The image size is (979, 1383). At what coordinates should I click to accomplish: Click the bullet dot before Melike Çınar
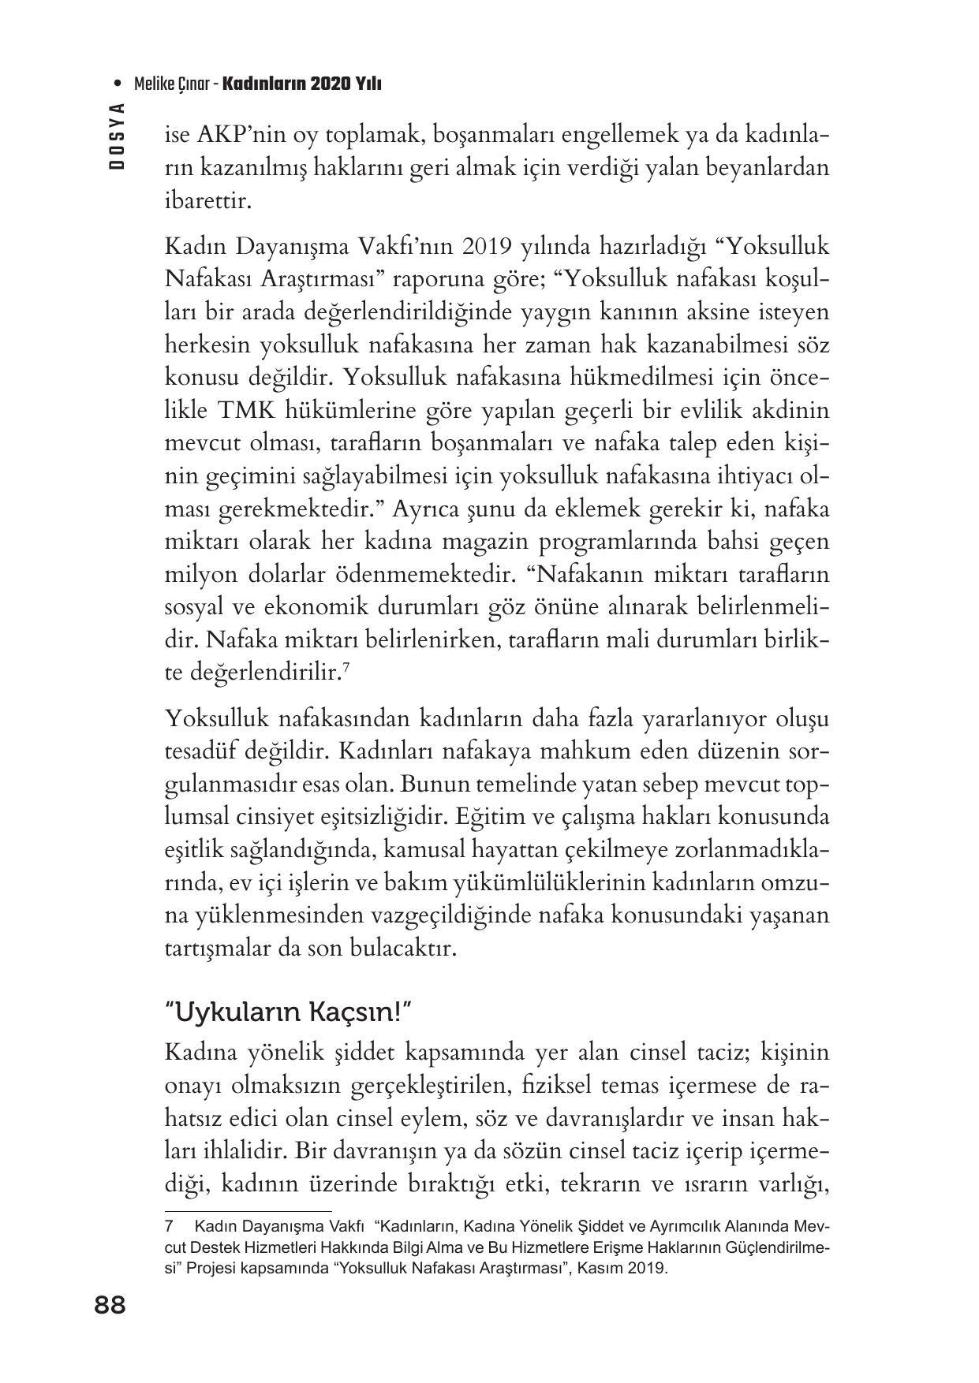(x=118, y=84)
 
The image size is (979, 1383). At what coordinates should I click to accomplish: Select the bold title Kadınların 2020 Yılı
(x=302, y=84)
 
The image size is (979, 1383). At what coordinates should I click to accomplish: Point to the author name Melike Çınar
(x=172, y=84)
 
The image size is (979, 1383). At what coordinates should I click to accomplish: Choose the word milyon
(x=201, y=576)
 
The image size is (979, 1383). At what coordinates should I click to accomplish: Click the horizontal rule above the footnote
(x=248, y=1212)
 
